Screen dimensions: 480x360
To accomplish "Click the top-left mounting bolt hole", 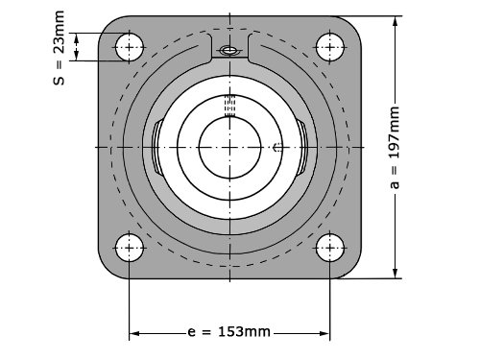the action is click(x=129, y=47).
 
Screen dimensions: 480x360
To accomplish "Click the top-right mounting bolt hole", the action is click(x=330, y=47).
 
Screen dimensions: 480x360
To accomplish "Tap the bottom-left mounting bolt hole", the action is click(x=129, y=248).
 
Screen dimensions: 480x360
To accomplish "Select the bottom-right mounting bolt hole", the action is click(x=330, y=248).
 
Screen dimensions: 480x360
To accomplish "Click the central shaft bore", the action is click(x=229, y=147).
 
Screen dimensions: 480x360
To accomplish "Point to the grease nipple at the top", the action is click(x=228, y=50).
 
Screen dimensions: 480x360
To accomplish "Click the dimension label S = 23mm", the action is click(x=59, y=48).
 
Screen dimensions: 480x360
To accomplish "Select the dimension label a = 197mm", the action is click(x=395, y=148).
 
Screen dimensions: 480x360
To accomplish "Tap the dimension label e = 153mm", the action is click(x=228, y=332).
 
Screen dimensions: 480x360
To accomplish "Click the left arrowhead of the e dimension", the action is click(x=134, y=333).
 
